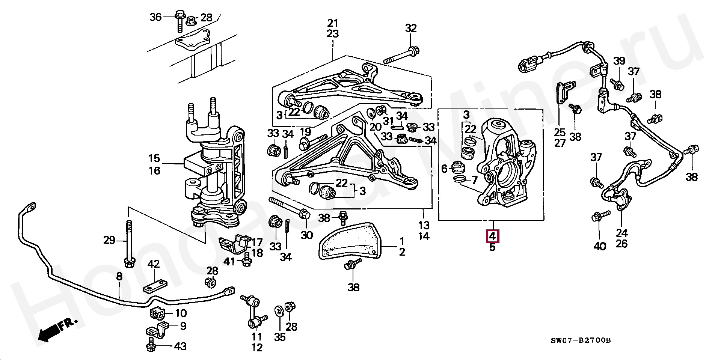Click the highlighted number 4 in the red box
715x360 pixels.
(x=492, y=236)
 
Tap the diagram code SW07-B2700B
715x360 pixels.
(x=581, y=341)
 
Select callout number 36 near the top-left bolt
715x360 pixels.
(x=155, y=17)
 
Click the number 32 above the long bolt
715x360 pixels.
(x=411, y=28)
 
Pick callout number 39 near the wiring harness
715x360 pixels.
(x=619, y=60)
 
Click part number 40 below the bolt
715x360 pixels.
(x=600, y=247)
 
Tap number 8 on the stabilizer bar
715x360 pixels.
(x=119, y=277)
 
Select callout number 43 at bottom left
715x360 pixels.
(x=181, y=346)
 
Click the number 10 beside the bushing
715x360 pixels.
(x=181, y=313)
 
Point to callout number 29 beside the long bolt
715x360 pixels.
(x=109, y=240)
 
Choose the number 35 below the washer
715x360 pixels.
(x=280, y=337)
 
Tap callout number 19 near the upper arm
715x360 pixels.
(x=305, y=132)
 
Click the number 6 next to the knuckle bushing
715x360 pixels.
(x=444, y=169)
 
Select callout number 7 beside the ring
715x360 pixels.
(x=474, y=179)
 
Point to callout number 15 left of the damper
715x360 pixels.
(x=154, y=158)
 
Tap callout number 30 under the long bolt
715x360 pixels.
(x=307, y=235)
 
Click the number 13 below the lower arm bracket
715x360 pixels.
(x=424, y=226)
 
